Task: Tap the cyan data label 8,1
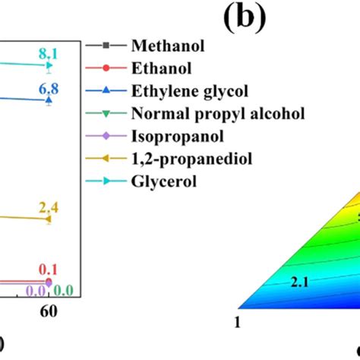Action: click(49, 52)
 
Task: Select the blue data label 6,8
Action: click(49, 88)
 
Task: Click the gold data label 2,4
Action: click(49, 207)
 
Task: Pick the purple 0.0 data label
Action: click(36, 290)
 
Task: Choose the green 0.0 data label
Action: click(63, 290)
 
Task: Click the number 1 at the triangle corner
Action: click(239, 322)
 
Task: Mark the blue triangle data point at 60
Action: click(49, 100)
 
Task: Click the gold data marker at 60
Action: click(49, 219)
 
